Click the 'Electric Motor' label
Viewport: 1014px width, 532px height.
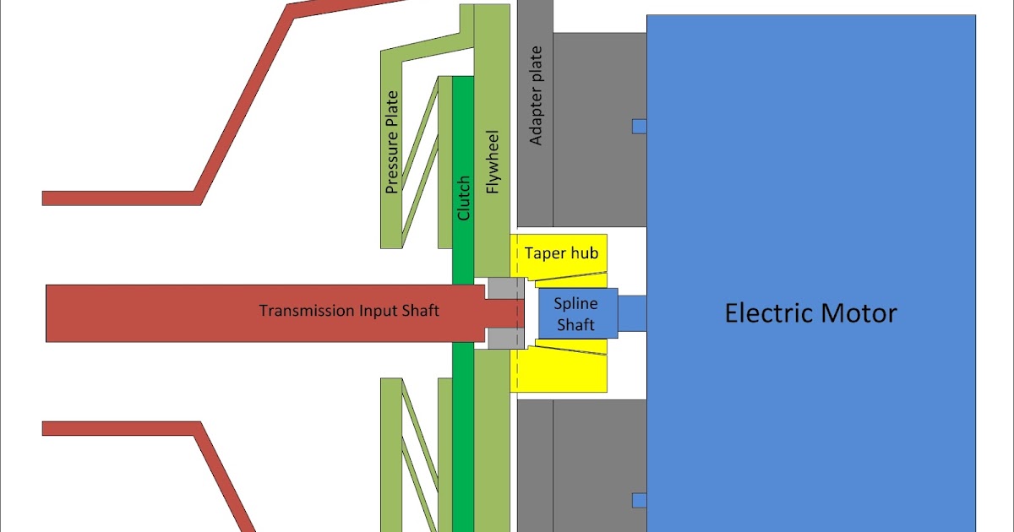coord(810,313)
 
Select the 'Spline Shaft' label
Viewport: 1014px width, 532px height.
coord(575,314)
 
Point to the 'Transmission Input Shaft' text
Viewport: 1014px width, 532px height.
coord(348,311)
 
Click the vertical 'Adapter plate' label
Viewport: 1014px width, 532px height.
coord(536,95)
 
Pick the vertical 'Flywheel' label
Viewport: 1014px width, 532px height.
coord(493,162)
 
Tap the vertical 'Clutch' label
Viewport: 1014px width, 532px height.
coord(463,198)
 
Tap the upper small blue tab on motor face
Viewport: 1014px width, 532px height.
coord(639,126)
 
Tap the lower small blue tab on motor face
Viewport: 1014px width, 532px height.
coord(639,501)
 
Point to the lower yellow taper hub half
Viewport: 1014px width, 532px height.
coord(562,372)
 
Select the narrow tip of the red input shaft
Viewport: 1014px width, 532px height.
coord(505,313)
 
